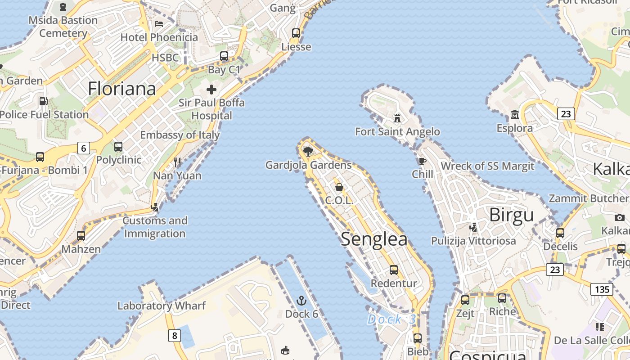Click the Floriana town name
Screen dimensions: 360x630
(x=122, y=88)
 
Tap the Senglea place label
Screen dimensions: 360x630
(x=374, y=239)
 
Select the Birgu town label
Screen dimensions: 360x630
(x=511, y=215)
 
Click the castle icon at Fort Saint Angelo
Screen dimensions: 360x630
(x=397, y=118)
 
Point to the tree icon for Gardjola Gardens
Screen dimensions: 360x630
(x=308, y=151)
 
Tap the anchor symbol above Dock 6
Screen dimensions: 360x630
(x=301, y=300)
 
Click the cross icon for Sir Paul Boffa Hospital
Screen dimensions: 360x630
(x=211, y=89)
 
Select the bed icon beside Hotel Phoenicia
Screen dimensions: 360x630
(x=159, y=23)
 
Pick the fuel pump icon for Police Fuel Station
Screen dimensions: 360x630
(x=43, y=101)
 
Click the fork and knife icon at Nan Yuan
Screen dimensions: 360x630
(x=177, y=162)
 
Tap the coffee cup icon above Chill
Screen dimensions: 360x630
(x=422, y=161)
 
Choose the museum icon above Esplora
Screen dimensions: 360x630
(x=515, y=115)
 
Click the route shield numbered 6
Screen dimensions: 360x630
(x=84, y=148)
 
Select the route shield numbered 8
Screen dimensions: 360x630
(x=175, y=335)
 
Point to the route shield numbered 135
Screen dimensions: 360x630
(x=602, y=289)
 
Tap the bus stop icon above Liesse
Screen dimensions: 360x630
(x=296, y=33)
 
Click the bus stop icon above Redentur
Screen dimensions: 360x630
(x=394, y=270)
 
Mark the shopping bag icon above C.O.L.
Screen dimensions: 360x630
(x=339, y=187)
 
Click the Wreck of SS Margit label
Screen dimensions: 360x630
(x=487, y=166)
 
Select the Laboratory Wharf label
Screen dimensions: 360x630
(x=162, y=306)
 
